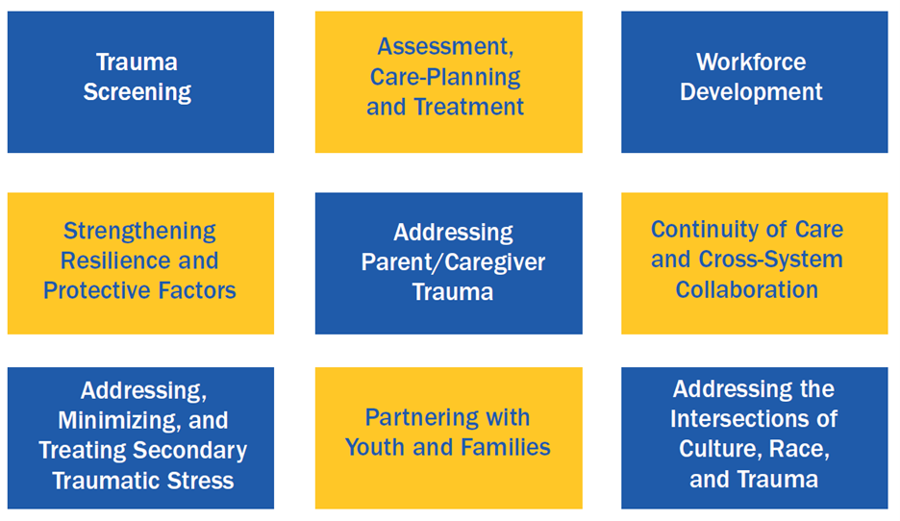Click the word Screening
click(137, 92)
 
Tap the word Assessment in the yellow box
click(445, 46)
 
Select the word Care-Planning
click(445, 77)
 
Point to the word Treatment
click(468, 107)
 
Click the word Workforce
click(751, 62)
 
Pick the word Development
click(751, 92)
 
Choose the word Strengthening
click(139, 232)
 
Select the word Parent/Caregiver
click(453, 262)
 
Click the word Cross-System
click(770, 260)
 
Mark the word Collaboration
click(746, 289)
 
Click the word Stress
click(205, 481)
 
